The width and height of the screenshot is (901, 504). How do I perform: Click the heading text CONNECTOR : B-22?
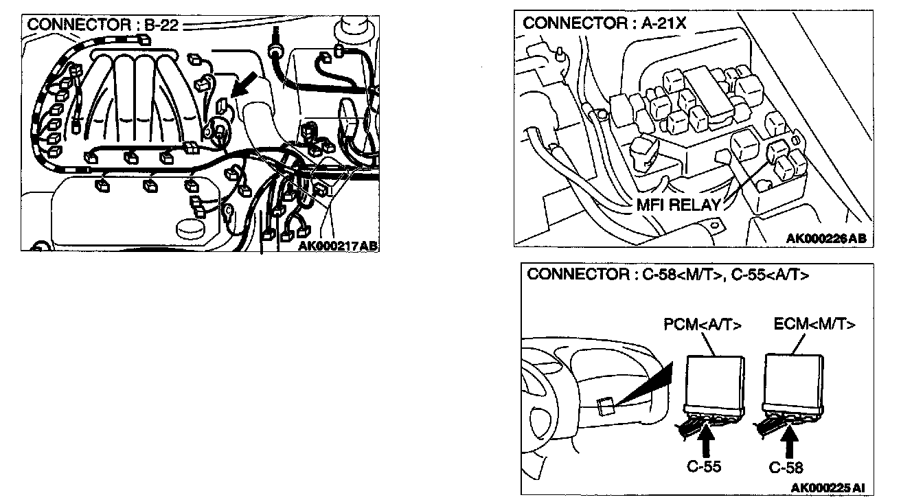tap(102, 25)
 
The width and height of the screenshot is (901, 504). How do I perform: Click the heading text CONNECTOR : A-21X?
tap(604, 23)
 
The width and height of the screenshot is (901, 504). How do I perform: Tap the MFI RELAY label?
tap(678, 205)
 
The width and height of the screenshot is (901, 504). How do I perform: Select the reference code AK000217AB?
tap(338, 245)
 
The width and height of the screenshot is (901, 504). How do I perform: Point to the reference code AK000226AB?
tap(826, 238)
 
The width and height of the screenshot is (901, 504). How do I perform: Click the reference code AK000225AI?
tap(828, 488)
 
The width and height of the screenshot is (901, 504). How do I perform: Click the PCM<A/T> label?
tap(703, 325)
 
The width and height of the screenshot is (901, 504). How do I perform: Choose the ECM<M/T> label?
tap(814, 324)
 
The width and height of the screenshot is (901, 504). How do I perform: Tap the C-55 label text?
tap(704, 467)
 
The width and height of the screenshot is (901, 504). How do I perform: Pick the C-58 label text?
tap(786, 468)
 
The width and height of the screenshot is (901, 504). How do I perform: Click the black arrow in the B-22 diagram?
tap(244, 84)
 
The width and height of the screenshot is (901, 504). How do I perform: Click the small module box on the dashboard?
tap(606, 406)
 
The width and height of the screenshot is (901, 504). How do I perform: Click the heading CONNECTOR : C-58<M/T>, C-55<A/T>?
tap(668, 275)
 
